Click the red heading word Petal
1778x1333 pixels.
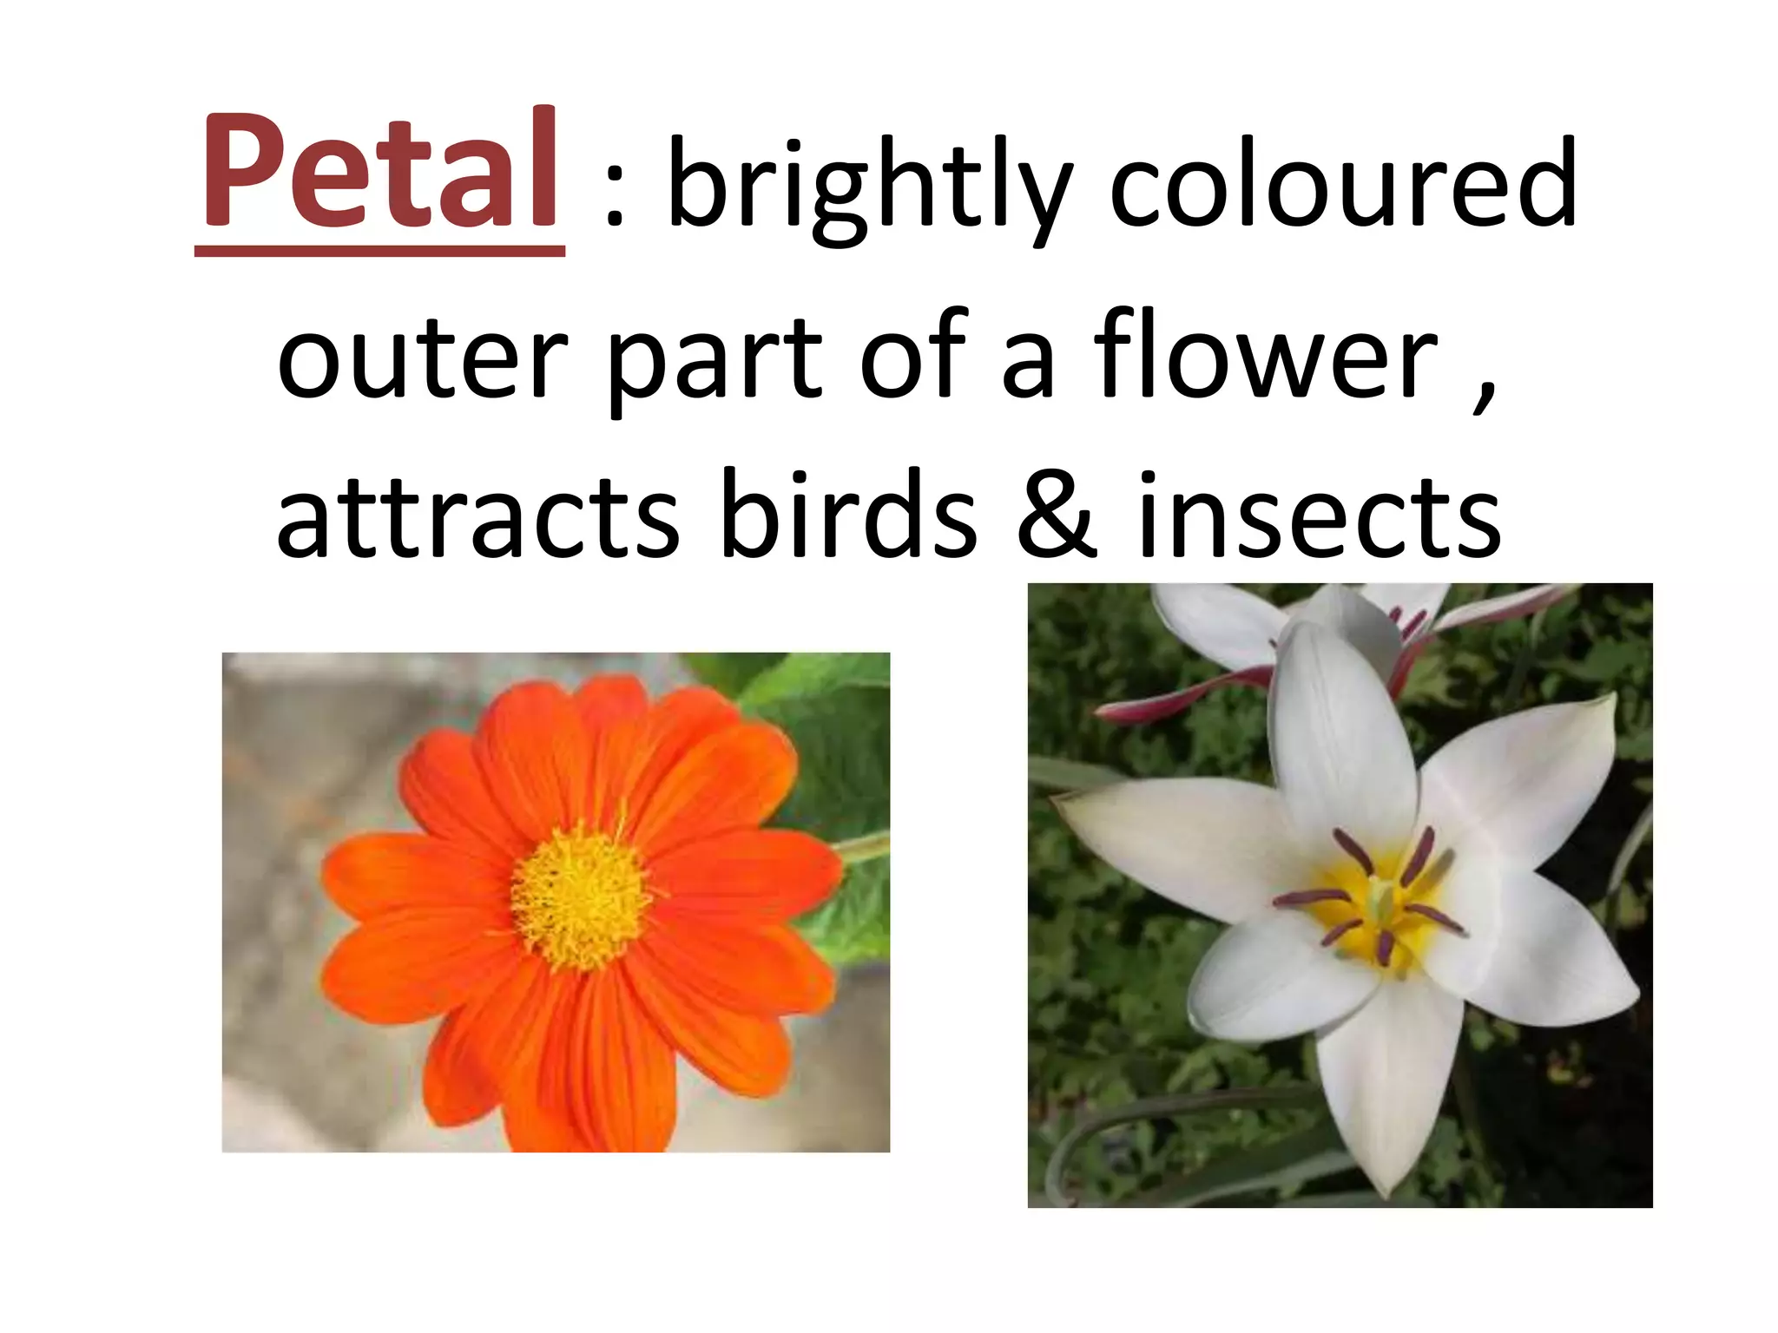point(379,169)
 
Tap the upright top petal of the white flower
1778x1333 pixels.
point(1328,738)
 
